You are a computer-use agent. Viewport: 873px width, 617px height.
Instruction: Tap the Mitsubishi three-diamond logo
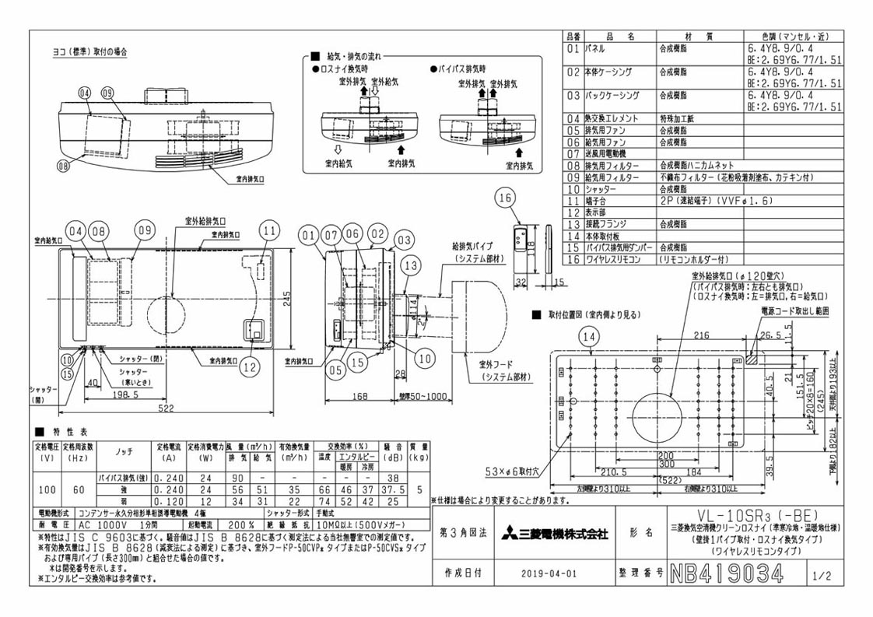[x=503, y=533]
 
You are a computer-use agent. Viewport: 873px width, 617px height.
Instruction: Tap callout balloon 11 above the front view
[x=269, y=230]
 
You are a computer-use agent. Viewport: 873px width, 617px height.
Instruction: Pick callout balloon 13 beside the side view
[x=412, y=266]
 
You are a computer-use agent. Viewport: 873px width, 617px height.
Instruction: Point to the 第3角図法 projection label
[x=462, y=533]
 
